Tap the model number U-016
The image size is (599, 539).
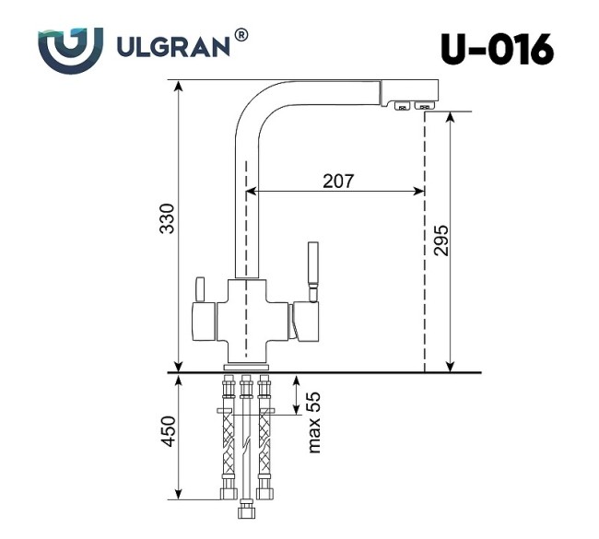497,49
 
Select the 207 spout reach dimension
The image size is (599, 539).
337,181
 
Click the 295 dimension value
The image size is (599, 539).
440,241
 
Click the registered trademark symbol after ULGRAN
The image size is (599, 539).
241,35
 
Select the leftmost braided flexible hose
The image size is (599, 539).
228,438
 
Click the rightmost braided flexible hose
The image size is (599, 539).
266,438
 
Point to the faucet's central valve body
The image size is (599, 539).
247,318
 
